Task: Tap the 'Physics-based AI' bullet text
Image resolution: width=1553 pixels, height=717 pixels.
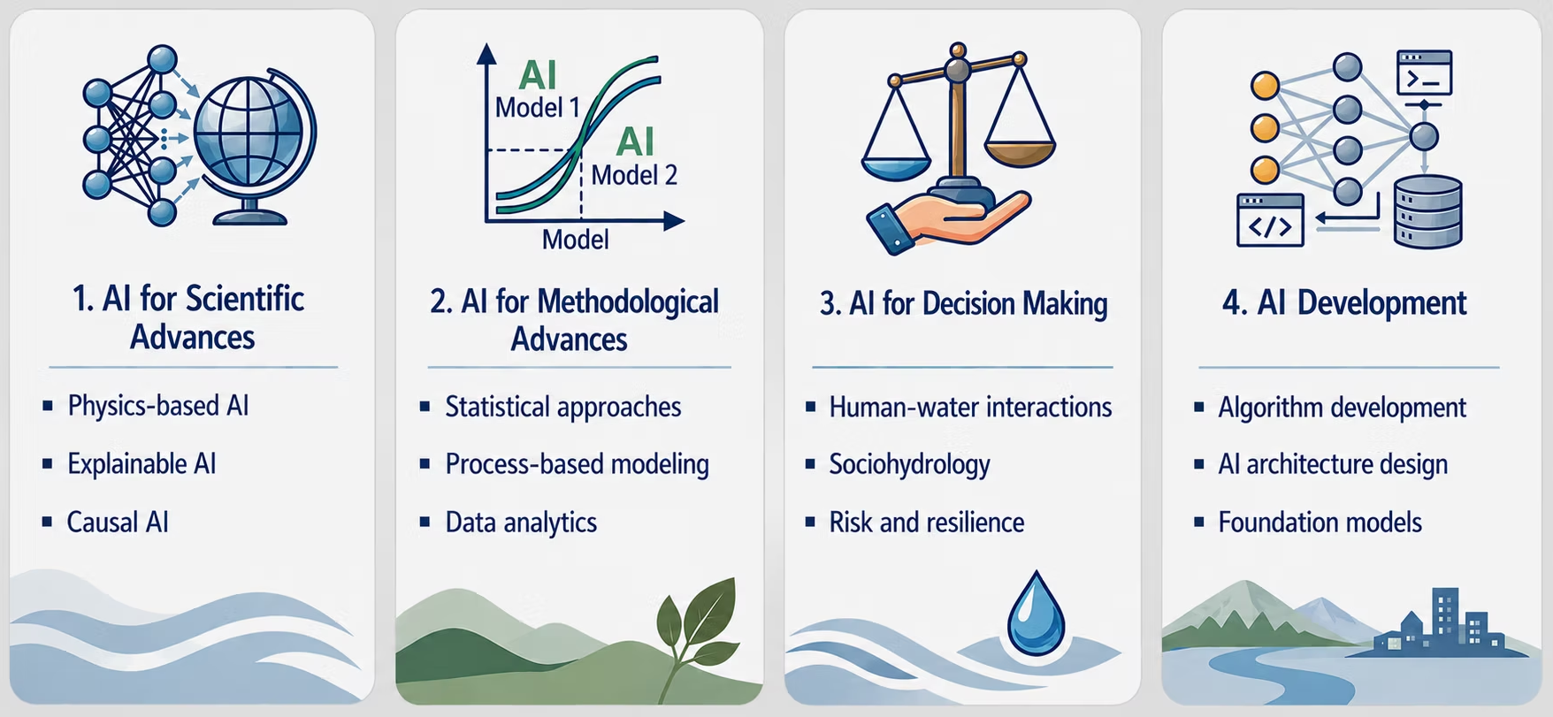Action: pos(158,406)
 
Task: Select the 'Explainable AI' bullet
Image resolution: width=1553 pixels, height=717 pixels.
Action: pos(142,464)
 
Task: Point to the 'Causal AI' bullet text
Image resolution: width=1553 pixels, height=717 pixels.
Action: pos(118,522)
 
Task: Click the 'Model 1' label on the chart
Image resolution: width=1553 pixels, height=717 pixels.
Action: pos(537,108)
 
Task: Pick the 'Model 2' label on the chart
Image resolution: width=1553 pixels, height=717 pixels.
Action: pos(634,175)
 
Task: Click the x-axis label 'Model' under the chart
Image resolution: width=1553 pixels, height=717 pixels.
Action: pos(575,240)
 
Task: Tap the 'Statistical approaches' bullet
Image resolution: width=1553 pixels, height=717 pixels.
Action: pos(562,407)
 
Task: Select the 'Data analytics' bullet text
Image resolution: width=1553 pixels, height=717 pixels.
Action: pos(521,522)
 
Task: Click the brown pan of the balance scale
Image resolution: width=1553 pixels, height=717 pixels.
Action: pos(1020,152)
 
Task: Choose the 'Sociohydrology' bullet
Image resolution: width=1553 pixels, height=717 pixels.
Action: pos(909,465)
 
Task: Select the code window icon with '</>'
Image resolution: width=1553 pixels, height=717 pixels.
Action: pos(1270,220)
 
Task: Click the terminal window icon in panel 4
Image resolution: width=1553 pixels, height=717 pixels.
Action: pos(1424,72)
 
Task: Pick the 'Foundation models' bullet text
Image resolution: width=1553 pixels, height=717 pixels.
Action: pos(1320,522)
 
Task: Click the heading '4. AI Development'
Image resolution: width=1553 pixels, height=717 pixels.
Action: pos(1344,303)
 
